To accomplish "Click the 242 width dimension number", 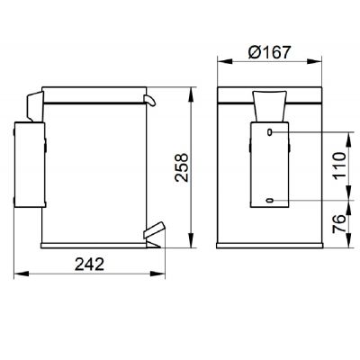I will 89,265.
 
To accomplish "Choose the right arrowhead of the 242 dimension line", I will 160,274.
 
